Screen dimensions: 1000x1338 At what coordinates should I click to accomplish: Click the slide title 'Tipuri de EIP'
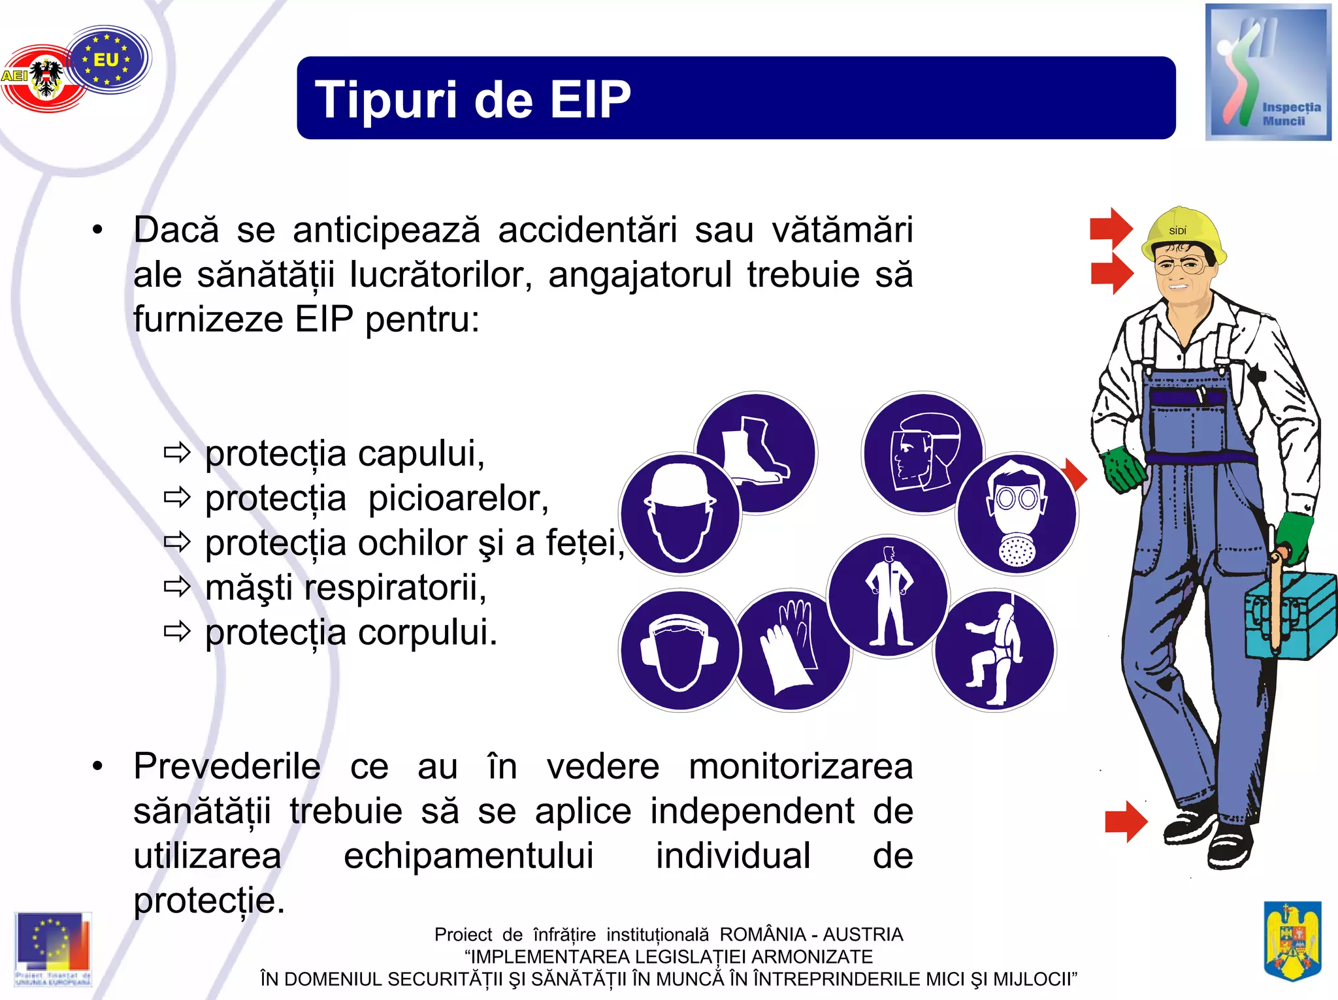click(473, 99)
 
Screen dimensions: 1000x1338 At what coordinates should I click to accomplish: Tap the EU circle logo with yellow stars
click(108, 59)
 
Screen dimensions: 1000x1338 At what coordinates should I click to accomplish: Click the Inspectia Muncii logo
click(1267, 72)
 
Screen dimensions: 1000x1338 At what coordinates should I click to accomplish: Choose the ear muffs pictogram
click(679, 651)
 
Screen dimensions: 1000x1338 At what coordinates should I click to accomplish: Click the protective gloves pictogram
click(792, 650)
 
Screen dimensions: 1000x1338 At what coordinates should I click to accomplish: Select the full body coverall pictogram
click(888, 596)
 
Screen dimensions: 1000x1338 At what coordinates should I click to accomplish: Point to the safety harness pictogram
click(995, 651)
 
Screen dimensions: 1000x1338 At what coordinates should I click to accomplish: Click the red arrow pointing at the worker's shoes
click(1126, 821)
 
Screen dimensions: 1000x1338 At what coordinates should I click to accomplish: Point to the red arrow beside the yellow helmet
click(1111, 229)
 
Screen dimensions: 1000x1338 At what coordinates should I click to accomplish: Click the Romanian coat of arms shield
click(1292, 940)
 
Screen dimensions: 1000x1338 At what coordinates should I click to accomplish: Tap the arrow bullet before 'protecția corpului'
click(176, 632)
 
